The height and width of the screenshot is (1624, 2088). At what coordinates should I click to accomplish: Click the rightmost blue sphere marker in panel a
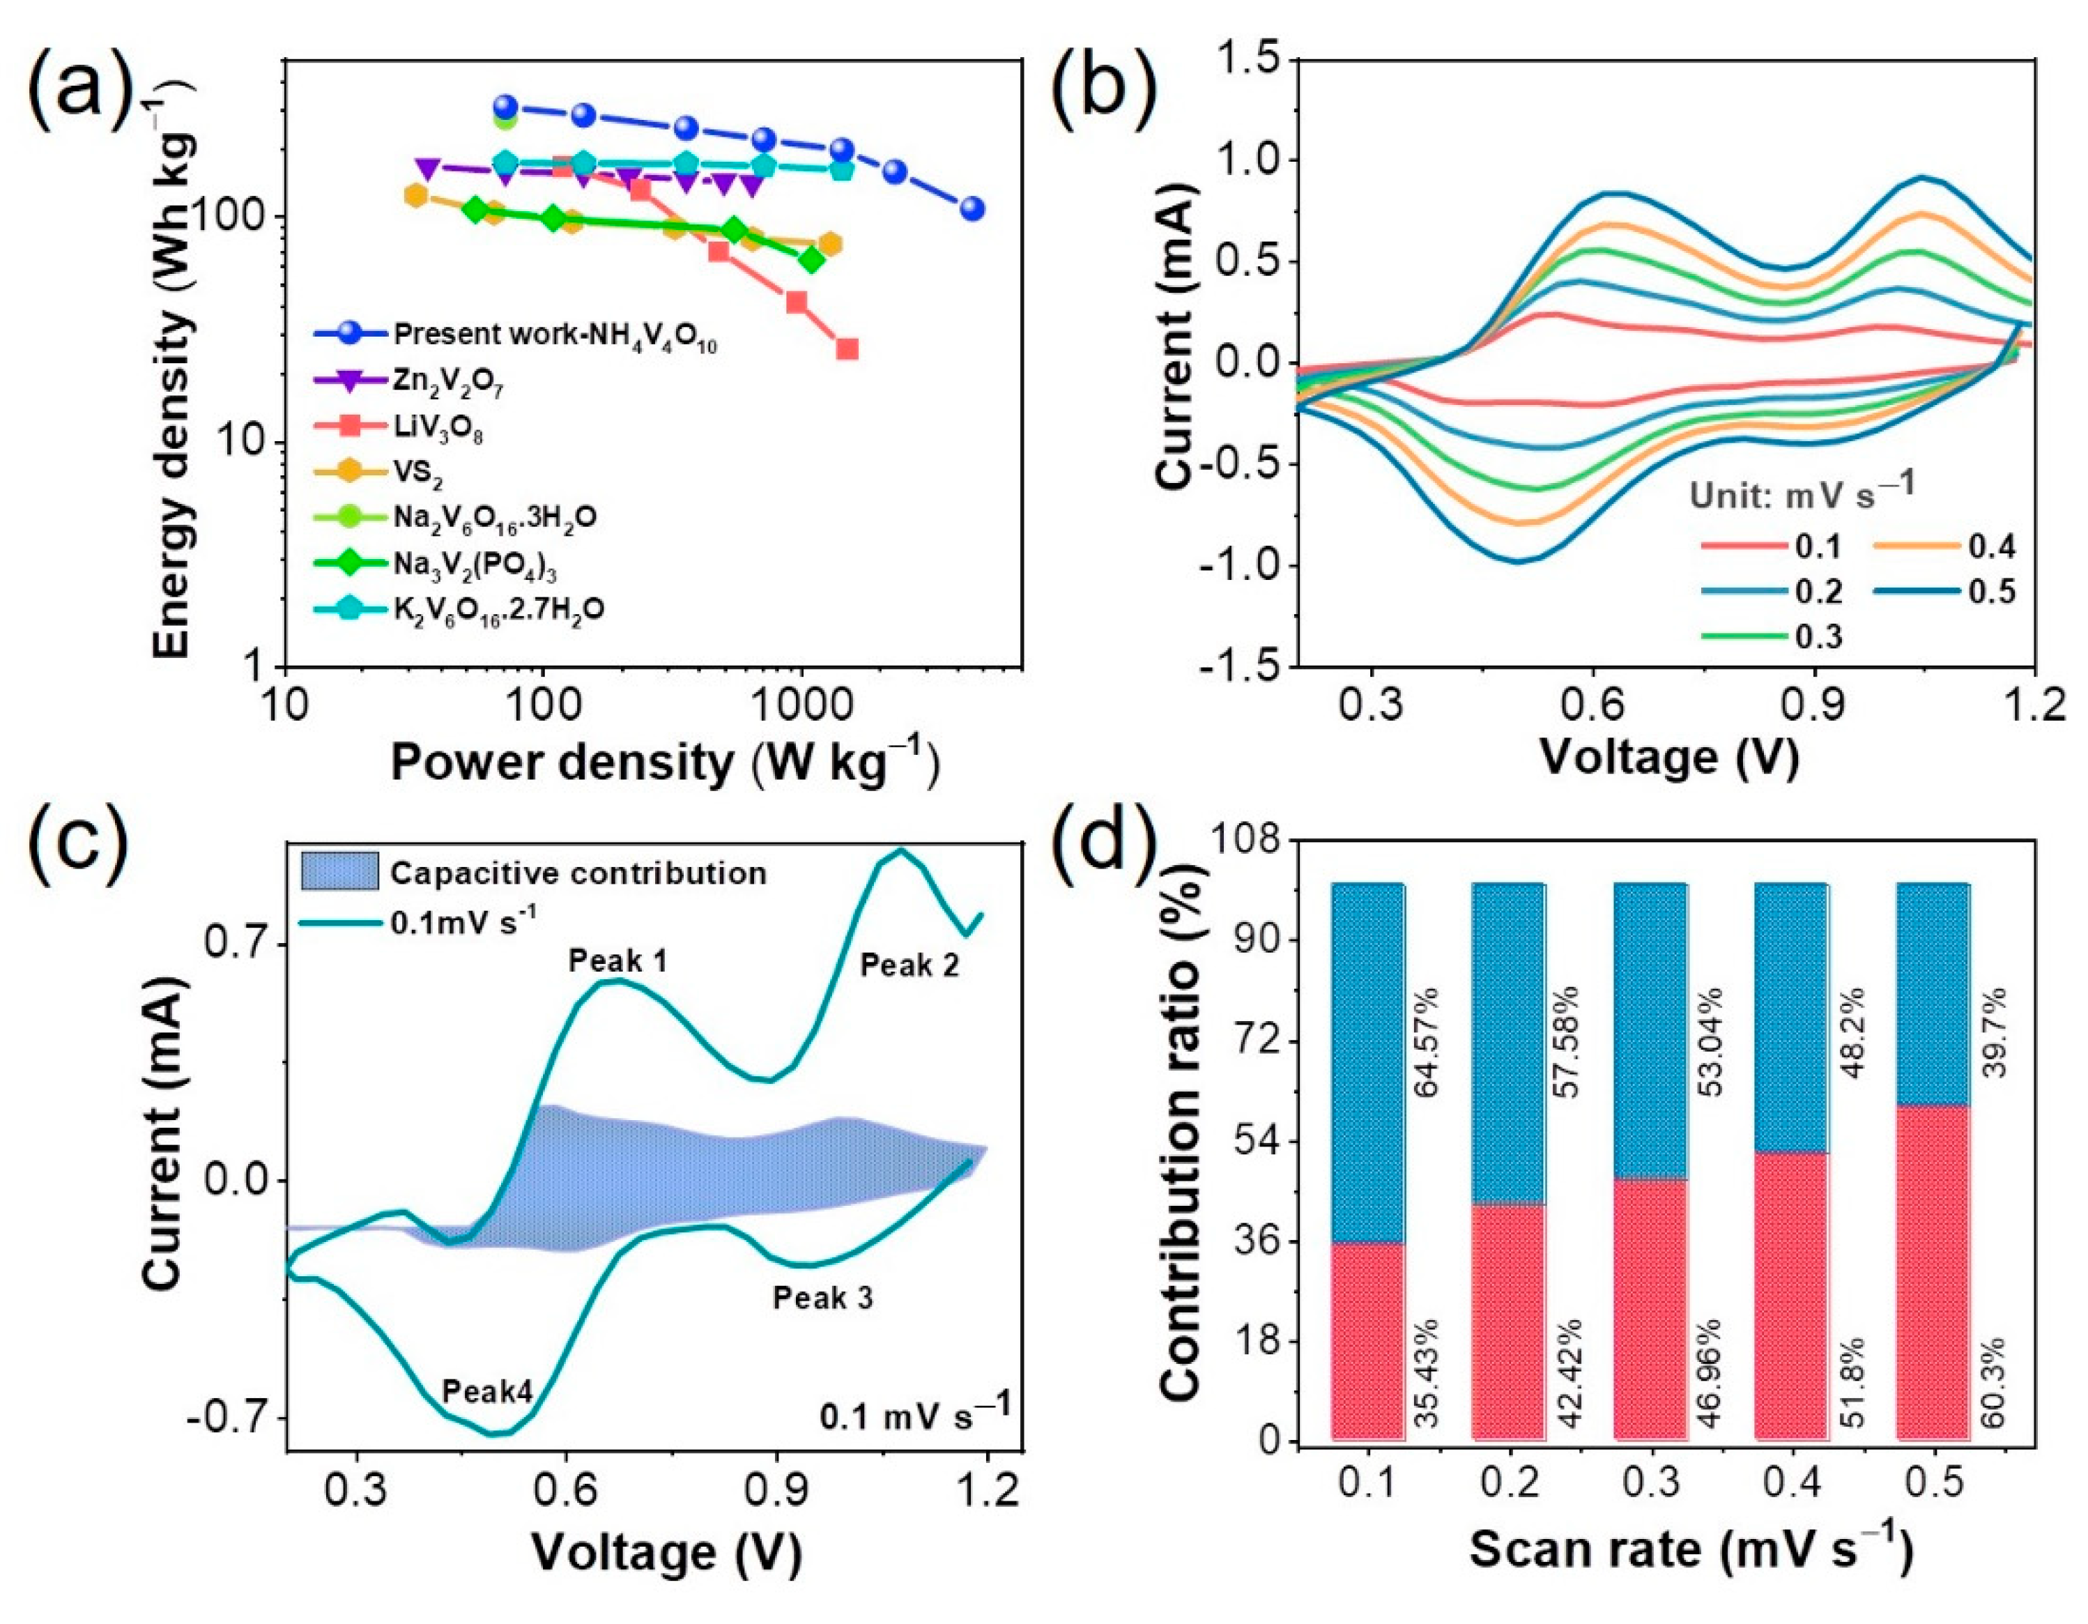(x=972, y=208)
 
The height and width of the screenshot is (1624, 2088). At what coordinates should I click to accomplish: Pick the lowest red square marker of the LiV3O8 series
(x=847, y=349)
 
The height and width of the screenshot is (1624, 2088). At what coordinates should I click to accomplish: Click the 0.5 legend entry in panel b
(x=1991, y=592)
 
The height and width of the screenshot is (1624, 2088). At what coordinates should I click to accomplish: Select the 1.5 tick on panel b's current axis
(x=1245, y=59)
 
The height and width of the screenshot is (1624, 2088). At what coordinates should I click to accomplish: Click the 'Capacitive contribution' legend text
(x=578, y=873)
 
